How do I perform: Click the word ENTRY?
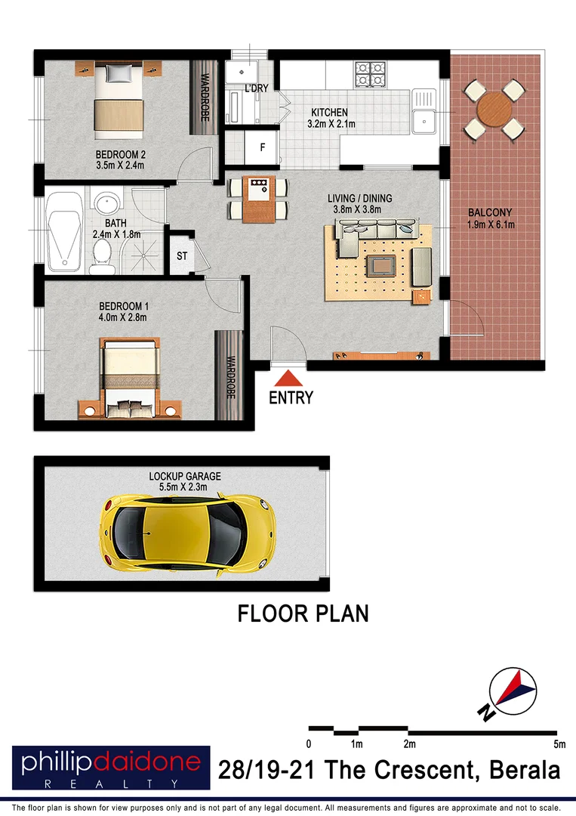(291, 397)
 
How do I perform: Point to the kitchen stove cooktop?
(371, 73)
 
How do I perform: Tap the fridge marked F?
(262, 147)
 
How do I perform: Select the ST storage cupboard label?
(182, 256)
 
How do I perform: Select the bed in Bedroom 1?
(130, 378)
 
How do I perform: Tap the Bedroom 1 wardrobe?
(229, 376)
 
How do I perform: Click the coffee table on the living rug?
(380, 265)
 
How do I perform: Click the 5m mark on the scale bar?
(560, 744)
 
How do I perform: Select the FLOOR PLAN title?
(303, 614)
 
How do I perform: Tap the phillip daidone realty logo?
(110, 768)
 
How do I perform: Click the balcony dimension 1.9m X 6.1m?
(491, 224)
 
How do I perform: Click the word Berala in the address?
(525, 771)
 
